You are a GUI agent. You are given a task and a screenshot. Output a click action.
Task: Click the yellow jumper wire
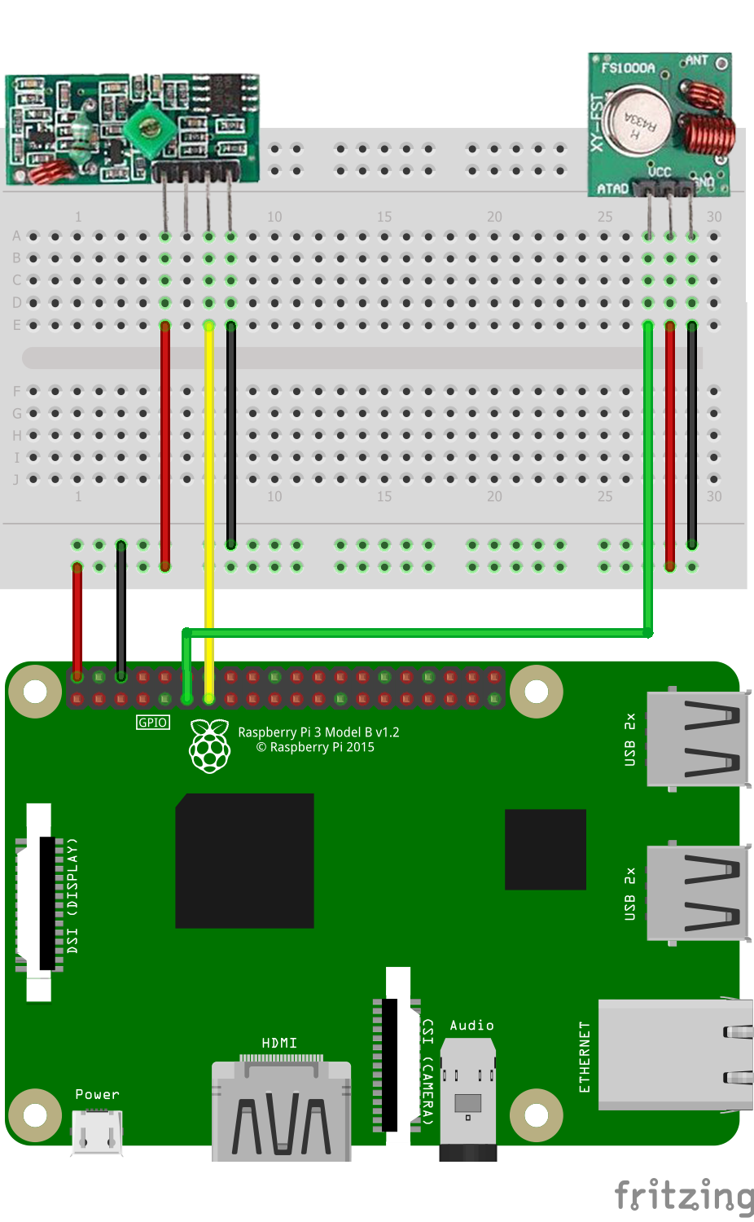click(209, 489)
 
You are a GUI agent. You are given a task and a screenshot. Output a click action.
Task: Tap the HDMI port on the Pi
click(281, 1112)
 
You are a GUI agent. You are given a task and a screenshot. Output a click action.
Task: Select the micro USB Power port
click(97, 1132)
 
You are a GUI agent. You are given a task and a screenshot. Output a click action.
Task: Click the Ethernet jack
click(674, 1055)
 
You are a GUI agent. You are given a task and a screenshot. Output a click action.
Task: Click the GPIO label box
click(153, 723)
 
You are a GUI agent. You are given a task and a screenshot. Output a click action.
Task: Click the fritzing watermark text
click(684, 1196)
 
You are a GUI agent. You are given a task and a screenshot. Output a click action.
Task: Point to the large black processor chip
click(244, 860)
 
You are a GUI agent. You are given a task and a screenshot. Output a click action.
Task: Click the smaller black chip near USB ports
click(545, 849)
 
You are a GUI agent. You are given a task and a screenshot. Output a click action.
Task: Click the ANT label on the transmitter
click(696, 60)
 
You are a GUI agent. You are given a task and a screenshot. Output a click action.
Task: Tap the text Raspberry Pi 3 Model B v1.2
click(318, 732)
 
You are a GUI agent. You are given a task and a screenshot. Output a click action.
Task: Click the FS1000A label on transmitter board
click(628, 68)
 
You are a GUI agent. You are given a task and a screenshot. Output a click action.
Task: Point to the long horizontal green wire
click(415, 632)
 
